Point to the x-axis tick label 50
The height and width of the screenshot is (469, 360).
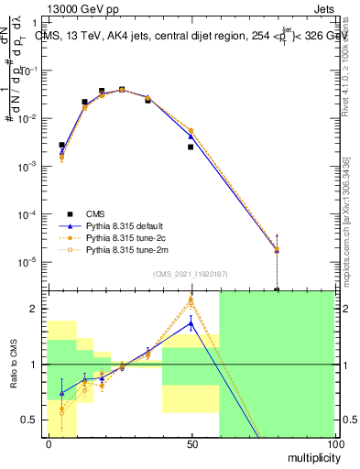click(x=191, y=443)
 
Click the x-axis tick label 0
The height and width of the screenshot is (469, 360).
click(x=48, y=443)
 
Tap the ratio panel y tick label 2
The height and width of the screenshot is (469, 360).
click(x=37, y=310)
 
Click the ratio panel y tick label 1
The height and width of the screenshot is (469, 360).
click(x=37, y=365)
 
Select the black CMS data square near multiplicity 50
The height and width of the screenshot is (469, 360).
click(x=191, y=147)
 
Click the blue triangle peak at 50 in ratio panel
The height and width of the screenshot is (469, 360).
click(x=191, y=322)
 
